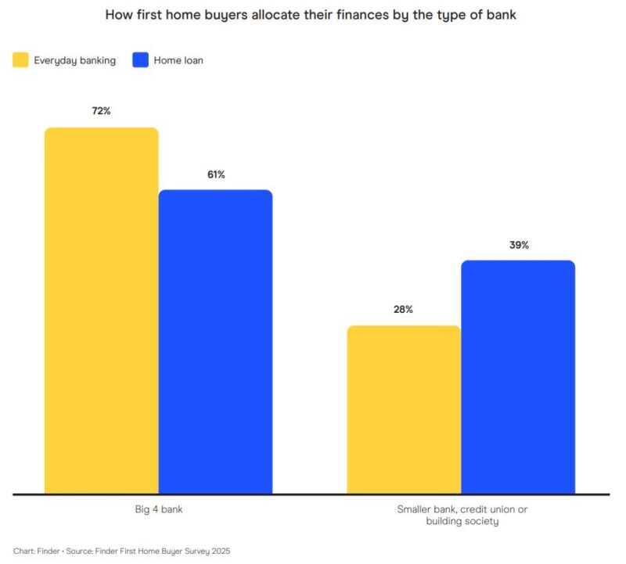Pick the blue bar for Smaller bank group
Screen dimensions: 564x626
[x=518, y=376]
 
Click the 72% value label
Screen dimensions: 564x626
[x=101, y=111]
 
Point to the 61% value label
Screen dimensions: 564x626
[x=216, y=174]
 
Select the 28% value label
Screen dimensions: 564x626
[x=404, y=310]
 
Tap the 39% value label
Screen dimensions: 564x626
[x=519, y=245]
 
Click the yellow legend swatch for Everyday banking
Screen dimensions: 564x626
[x=21, y=60]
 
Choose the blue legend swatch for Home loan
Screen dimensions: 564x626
[x=141, y=60]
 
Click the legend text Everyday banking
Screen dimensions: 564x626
[x=75, y=60]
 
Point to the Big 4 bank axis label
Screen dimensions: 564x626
[x=159, y=509]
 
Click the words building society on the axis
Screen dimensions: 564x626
[x=462, y=521]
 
